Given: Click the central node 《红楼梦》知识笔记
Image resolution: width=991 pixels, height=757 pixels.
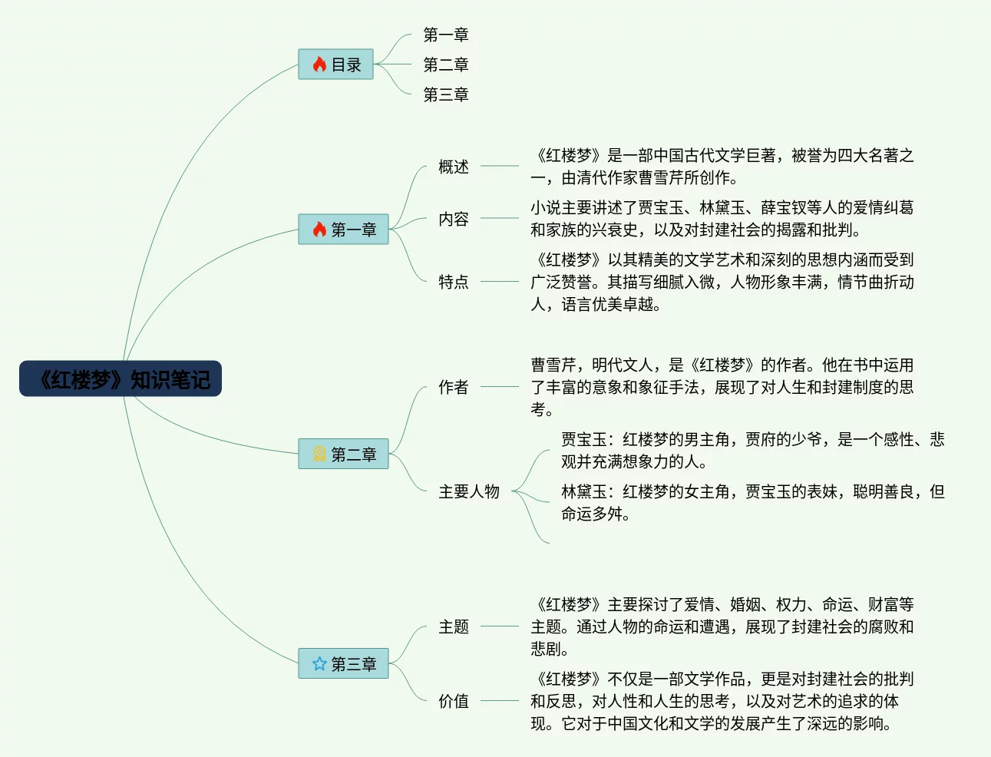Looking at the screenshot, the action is (x=121, y=378).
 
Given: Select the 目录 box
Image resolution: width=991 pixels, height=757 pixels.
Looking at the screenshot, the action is (x=335, y=64).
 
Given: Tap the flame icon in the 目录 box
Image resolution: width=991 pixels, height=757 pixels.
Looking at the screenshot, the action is (x=319, y=64).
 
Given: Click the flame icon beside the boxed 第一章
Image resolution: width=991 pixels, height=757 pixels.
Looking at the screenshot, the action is (x=319, y=230).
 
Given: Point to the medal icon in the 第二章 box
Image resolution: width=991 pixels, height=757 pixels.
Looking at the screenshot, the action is (x=319, y=454).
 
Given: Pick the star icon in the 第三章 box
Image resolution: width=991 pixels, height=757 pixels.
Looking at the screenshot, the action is (x=319, y=663).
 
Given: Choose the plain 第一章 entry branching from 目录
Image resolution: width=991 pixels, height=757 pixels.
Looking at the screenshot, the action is (x=445, y=35).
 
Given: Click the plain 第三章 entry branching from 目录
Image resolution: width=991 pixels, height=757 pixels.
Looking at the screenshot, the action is (x=445, y=94).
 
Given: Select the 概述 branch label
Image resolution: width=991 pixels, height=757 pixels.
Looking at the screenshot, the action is (x=453, y=167).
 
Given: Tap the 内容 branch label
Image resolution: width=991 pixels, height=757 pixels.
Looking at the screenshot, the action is (x=453, y=219).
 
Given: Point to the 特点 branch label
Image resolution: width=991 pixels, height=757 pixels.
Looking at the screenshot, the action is (x=453, y=282).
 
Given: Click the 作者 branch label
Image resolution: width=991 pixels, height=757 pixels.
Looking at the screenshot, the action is (x=453, y=387).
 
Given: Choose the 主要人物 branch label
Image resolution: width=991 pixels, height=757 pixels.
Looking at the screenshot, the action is (x=468, y=491).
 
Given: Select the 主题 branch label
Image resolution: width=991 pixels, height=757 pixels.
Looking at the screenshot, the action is (x=453, y=626).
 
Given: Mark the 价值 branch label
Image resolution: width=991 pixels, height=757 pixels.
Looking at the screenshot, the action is (x=453, y=701).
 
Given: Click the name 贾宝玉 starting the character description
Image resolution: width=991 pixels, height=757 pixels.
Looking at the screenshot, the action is (x=583, y=439).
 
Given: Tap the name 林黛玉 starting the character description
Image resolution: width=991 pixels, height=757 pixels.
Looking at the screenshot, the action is (x=583, y=491).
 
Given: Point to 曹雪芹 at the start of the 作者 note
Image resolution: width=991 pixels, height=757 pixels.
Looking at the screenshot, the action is (x=553, y=365).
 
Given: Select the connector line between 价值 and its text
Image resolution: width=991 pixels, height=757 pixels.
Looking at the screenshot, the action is (x=499, y=700).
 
